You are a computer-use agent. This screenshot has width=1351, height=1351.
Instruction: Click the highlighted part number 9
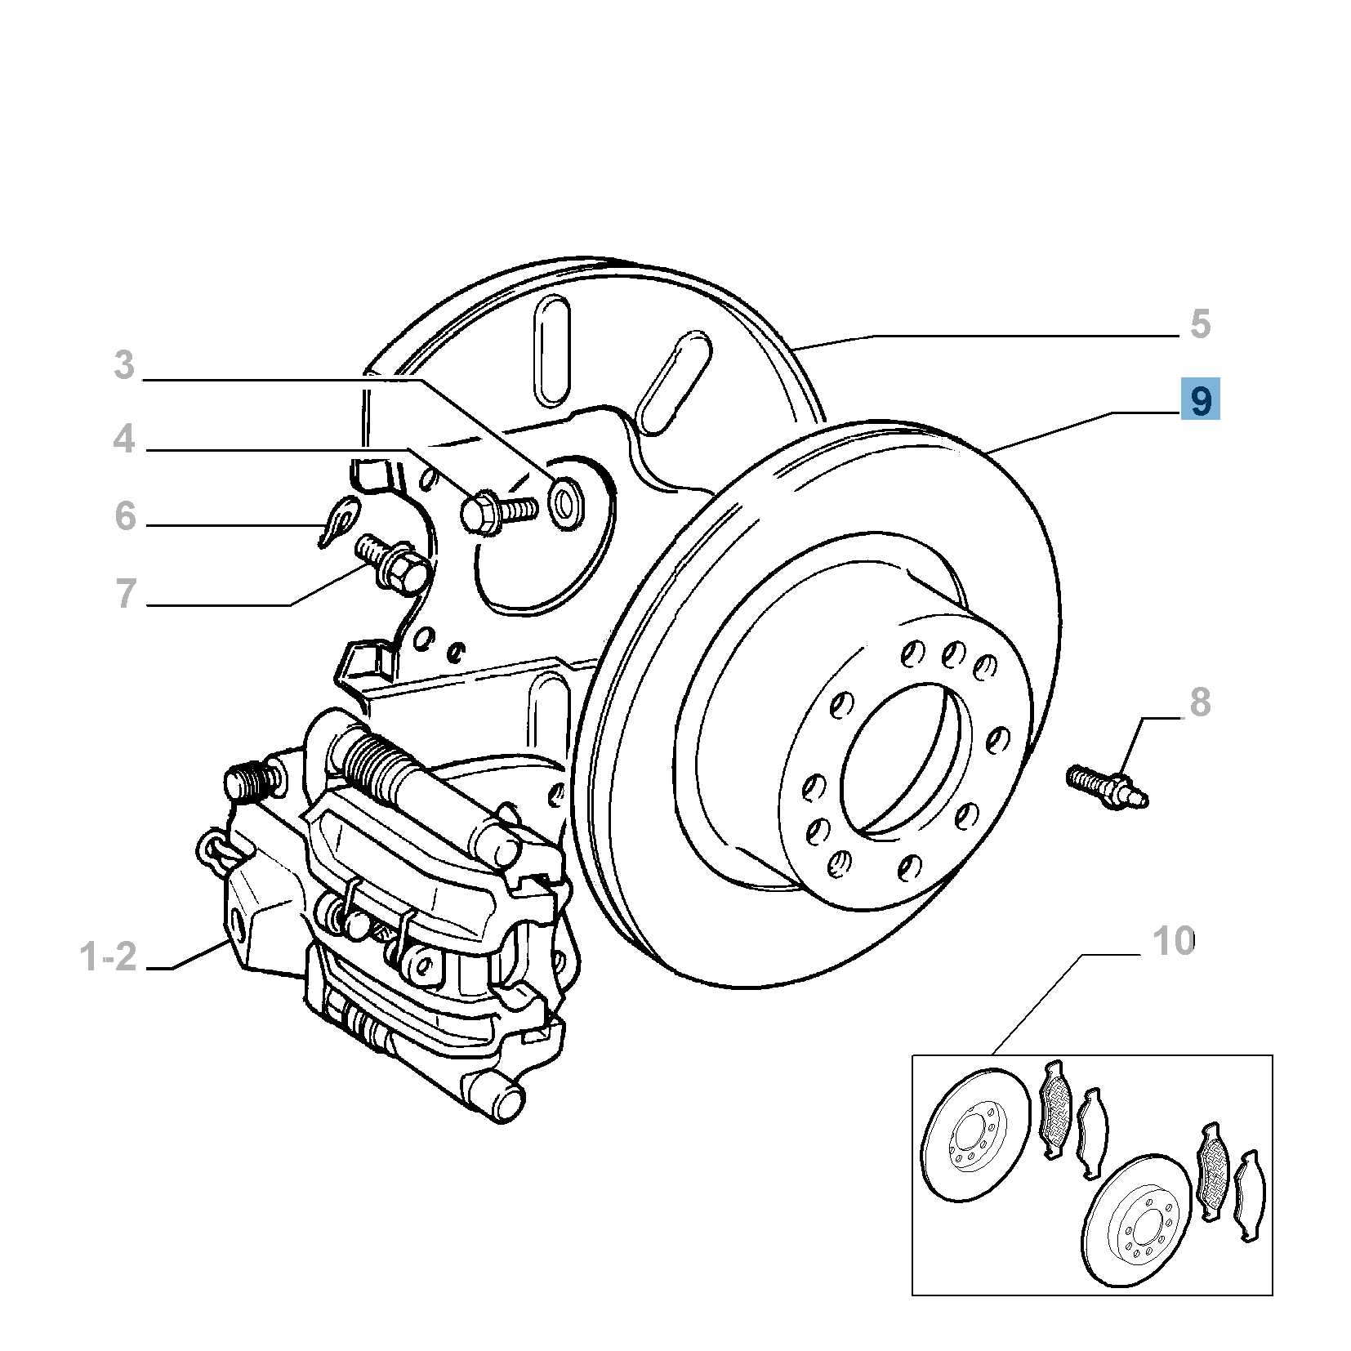(1200, 399)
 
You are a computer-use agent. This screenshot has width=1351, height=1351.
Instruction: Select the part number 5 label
(1199, 323)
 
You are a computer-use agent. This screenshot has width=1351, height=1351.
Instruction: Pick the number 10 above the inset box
(1173, 942)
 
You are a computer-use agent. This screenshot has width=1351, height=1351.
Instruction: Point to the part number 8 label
(1199, 702)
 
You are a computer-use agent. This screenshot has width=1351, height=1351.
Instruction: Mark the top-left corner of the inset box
(912, 1055)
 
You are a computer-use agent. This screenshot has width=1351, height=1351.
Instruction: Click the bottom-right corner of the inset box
(1273, 1295)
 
